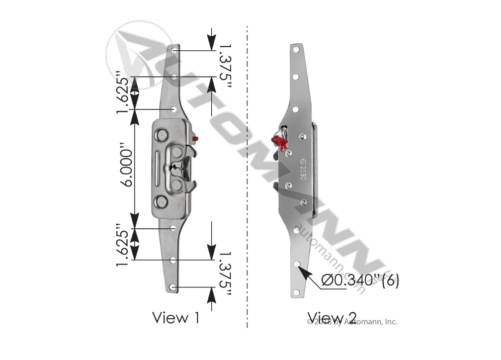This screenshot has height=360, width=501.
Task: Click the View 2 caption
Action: click(332, 317)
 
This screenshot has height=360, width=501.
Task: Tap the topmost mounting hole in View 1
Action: click(173, 51)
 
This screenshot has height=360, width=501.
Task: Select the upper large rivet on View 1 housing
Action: click(162, 134)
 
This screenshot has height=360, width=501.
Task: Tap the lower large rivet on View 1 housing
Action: click(161, 201)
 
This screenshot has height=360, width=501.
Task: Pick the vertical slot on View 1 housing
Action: click(158, 168)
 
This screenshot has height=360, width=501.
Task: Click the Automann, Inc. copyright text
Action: click(352, 322)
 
